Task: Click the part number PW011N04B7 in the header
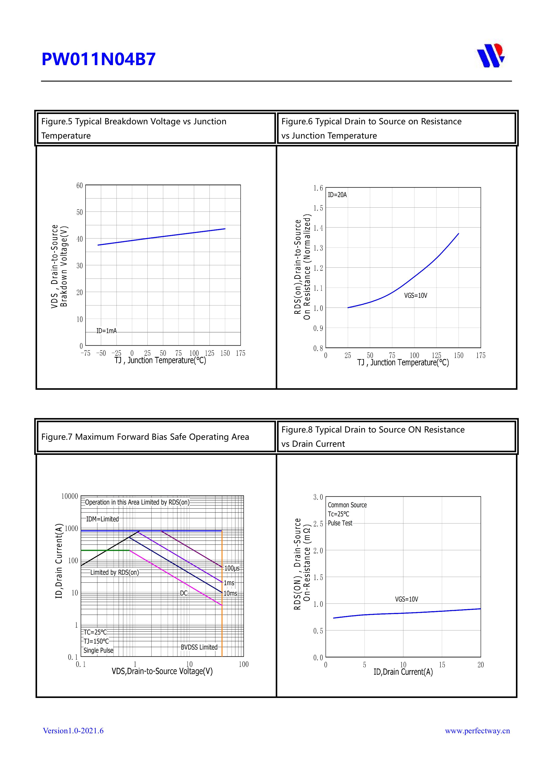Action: [x=98, y=59]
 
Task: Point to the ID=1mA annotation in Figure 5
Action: [x=107, y=331]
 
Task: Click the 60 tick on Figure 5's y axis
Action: [x=79, y=185]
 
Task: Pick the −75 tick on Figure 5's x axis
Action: [x=86, y=353]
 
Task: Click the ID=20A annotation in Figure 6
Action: [x=337, y=195]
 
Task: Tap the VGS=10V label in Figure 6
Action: [x=416, y=295]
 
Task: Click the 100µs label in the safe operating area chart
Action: [x=232, y=568]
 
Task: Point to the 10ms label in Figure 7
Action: [x=230, y=593]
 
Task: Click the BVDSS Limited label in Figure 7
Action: [x=199, y=647]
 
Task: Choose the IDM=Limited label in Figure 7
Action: [x=103, y=519]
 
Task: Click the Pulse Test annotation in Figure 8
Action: [x=340, y=523]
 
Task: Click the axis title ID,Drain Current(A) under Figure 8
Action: [x=403, y=672]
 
